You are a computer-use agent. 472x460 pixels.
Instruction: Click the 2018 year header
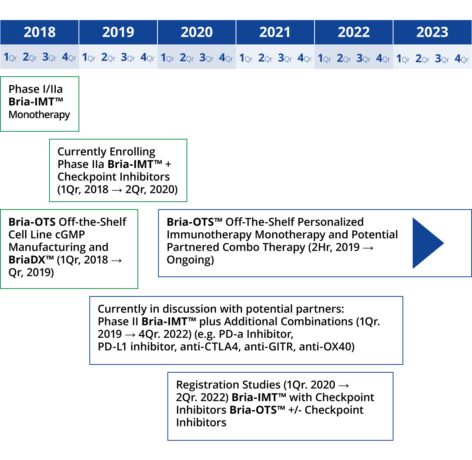point(40,32)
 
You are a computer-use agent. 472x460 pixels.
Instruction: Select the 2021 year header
point(275,32)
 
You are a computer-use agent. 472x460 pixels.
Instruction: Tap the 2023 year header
point(432,32)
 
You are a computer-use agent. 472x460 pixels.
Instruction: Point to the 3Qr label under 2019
point(128,57)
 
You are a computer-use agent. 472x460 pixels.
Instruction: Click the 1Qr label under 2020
point(167,58)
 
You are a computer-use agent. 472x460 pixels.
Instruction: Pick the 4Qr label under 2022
point(383,58)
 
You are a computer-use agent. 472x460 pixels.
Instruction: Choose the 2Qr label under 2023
point(422,59)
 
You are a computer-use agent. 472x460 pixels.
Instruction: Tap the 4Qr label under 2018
point(69,57)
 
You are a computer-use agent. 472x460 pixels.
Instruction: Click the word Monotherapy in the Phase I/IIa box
point(39,115)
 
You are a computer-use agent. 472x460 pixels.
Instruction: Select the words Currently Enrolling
point(106,151)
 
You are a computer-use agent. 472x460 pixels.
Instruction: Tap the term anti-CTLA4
point(210,347)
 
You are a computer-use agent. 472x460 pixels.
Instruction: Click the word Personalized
point(331,222)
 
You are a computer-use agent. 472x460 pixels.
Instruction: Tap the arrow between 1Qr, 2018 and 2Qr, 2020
point(117,190)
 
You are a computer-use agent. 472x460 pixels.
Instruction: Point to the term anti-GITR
point(270,347)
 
